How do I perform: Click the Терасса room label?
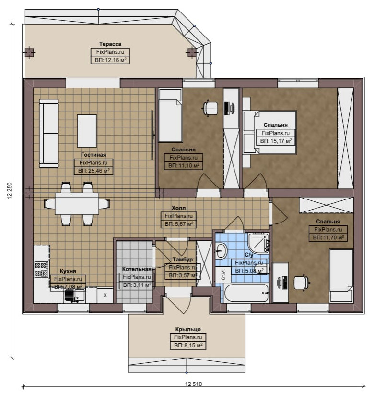tap(110, 44)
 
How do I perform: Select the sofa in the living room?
tap(49, 133)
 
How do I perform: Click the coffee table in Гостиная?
tap(87, 131)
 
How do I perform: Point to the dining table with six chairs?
tap(77, 204)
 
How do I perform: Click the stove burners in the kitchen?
tap(41, 269)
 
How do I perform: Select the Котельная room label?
tap(137, 269)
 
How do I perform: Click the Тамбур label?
tap(183, 259)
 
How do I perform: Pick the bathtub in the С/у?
tap(246, 293)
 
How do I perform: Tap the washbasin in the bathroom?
tap(221, 250)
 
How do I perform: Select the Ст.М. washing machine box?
tap(223, 274)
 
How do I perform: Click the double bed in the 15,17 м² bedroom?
tap(269, 132)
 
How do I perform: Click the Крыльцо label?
tap(188, 329)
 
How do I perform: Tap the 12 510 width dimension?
tap(193, 384)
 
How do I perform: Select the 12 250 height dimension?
tap(10, 190)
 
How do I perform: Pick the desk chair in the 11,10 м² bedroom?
tap(210, 108)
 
